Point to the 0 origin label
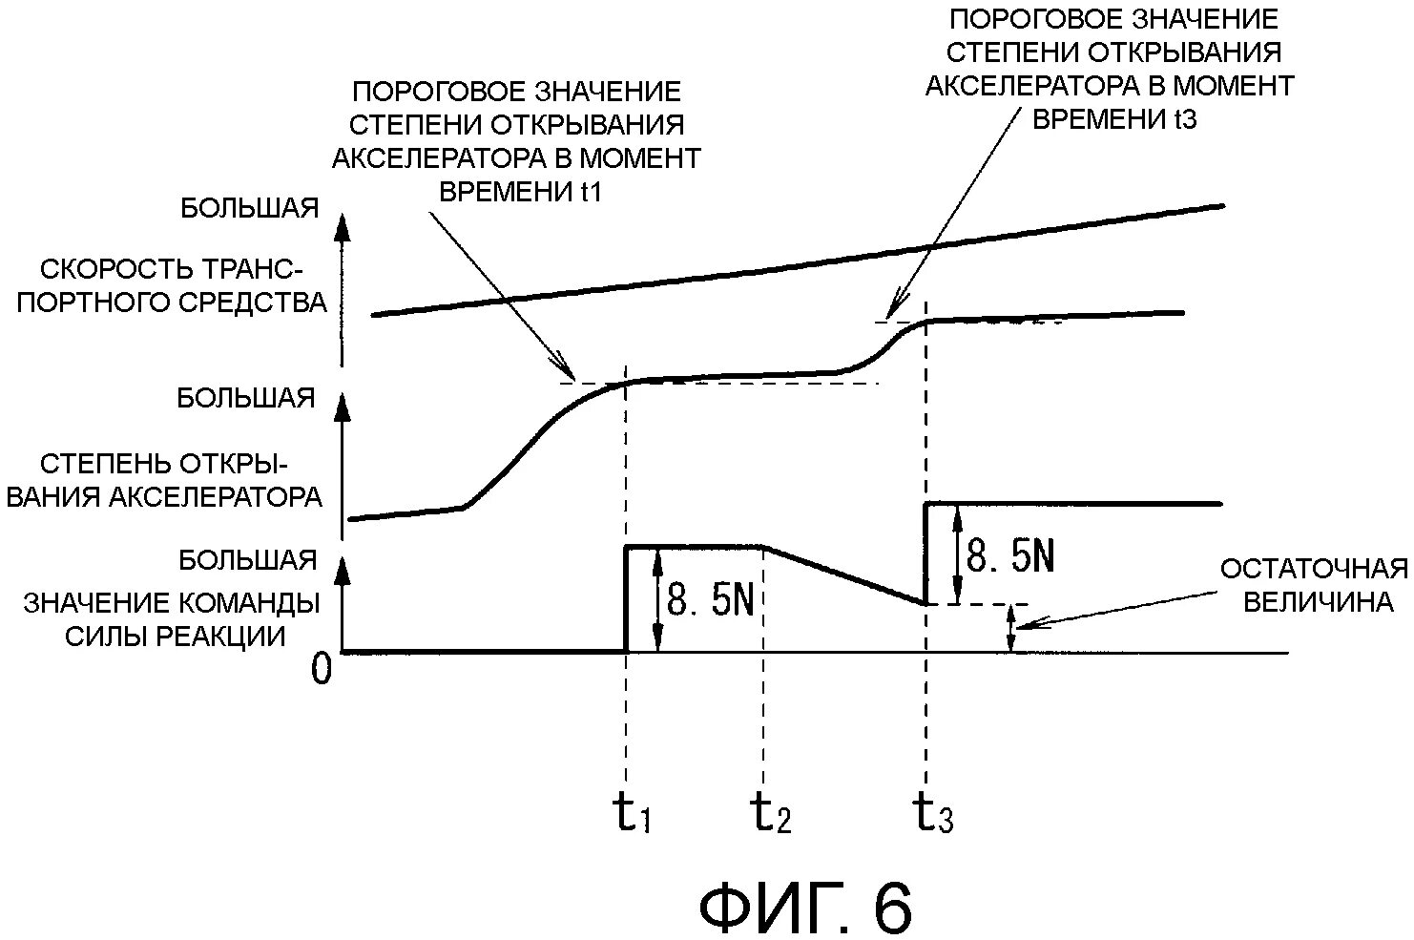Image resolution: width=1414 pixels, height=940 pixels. (322, 670)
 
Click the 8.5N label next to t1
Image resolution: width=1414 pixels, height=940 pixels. (710, 600)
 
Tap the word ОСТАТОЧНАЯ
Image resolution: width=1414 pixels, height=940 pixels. (1314, 570)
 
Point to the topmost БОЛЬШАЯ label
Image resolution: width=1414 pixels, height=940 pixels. (249, 208)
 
